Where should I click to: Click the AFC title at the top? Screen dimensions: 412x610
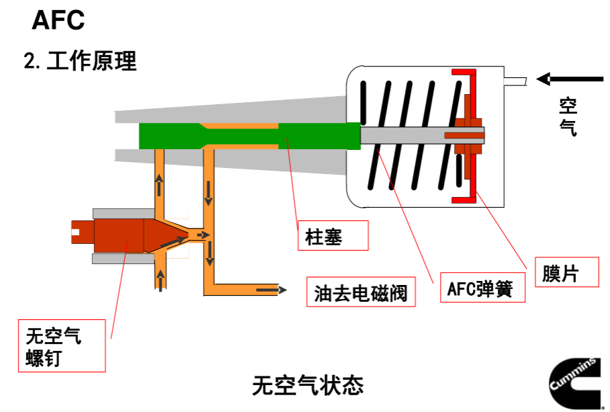pos(58,20)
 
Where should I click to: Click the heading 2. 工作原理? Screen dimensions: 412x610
pos(80,61)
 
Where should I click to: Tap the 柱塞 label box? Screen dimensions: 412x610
pos(333,236)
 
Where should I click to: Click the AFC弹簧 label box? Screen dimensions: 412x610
pos(480,288)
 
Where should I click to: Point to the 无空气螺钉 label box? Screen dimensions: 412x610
pos(62,346)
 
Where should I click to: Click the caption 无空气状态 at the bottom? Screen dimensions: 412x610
pos(308,385)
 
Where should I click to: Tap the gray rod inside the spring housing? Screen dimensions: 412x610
pos(403,135)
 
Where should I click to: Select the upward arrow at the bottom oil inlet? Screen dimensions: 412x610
pos(160,280)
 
